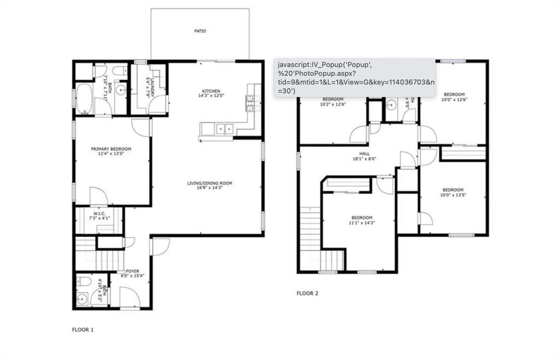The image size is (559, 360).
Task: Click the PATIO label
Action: point(200,31)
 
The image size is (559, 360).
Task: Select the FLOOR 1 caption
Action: point(83,329)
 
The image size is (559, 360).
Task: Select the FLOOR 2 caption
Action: point(307,293)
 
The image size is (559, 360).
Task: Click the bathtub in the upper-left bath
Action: point(85,99)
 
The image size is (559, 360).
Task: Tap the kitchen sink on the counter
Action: point(224,129)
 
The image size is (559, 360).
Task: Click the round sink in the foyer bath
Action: point(83,299)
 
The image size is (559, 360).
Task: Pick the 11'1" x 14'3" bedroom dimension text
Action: point(361,223)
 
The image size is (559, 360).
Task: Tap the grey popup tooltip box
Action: point(354,77)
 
